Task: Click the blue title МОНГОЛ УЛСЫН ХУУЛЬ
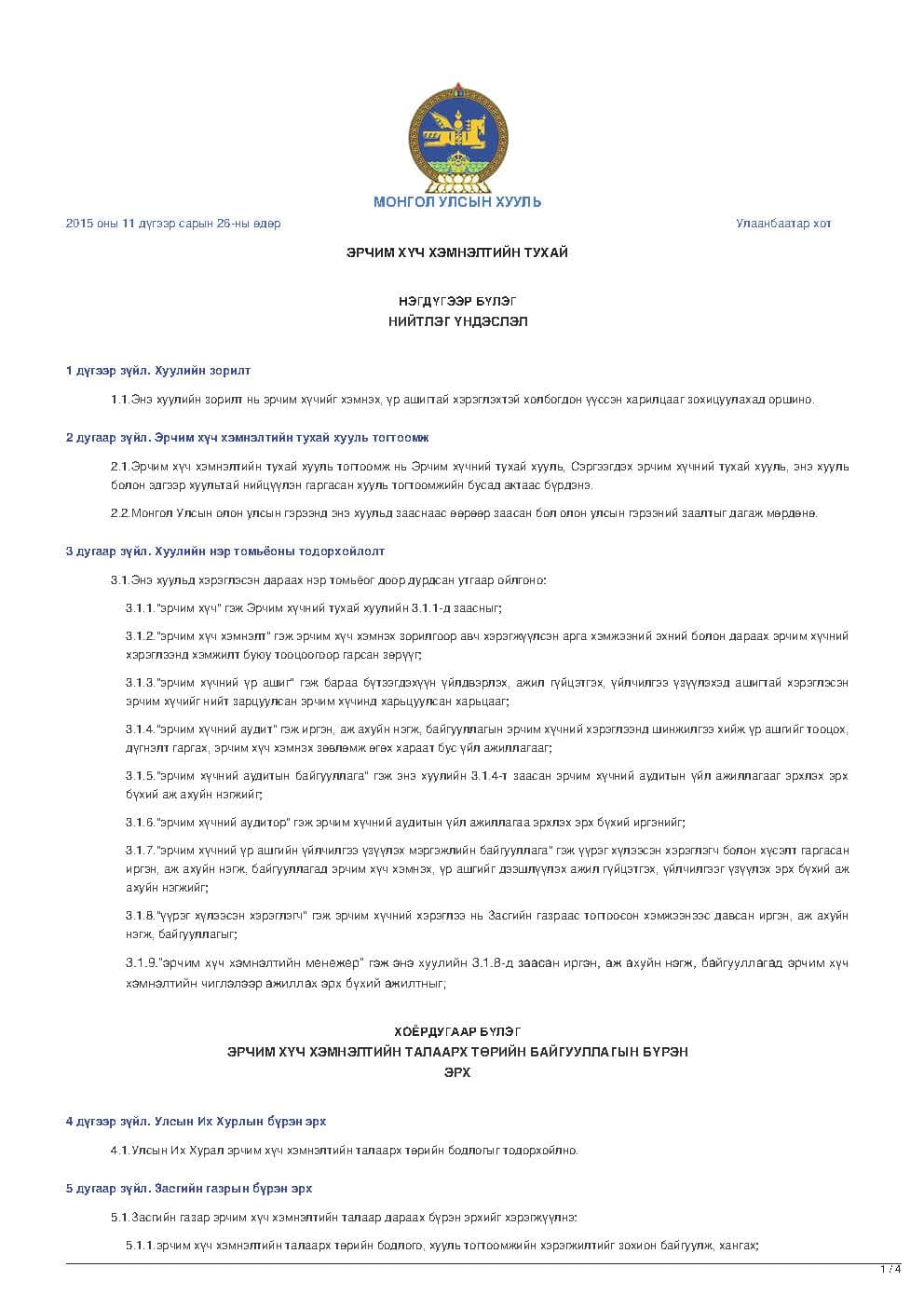(456, 202)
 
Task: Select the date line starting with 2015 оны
(173, 224)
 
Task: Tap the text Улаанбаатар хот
(783, 224)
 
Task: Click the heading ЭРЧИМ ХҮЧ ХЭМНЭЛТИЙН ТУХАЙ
(456, 252)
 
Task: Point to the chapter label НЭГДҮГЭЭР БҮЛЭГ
(456, 301)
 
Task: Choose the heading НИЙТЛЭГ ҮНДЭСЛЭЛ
(457, 321)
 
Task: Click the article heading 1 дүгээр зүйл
(158, 371)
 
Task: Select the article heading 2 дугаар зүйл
(247, 437)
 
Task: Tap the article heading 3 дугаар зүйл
(224, 552)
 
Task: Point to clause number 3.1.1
(140, 608)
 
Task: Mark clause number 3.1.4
(140, 729)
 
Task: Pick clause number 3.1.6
(140, 823)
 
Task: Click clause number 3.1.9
(140, 962)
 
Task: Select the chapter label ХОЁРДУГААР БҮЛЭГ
(456, 1031)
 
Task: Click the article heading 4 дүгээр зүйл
(196, 1122)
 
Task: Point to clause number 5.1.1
(140, 1245)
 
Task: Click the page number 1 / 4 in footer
(890, 1269)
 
